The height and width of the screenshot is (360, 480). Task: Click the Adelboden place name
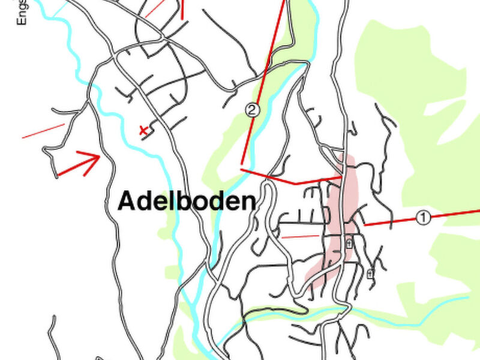tap(187, 201)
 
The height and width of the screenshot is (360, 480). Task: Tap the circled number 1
tap(424, 218)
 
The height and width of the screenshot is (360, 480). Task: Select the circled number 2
tap(253, 110)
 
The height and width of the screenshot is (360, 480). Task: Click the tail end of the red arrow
tap(59, 175)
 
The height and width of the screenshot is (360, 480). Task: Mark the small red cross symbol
tap(143, 129)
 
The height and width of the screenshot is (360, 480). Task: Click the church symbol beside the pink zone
tap(349, 243)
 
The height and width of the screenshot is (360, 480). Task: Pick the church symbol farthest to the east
tap(370, 274)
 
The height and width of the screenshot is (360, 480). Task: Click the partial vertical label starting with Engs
tap(23, 12)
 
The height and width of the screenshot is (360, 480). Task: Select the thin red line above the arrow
tap(43, 131)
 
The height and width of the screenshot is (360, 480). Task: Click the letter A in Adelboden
tap(126, 201)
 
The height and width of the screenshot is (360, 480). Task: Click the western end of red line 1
tap(365, 225)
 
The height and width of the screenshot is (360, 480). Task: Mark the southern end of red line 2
tap(242, 163)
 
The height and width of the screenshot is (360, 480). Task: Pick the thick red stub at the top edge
tap(182, 9)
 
